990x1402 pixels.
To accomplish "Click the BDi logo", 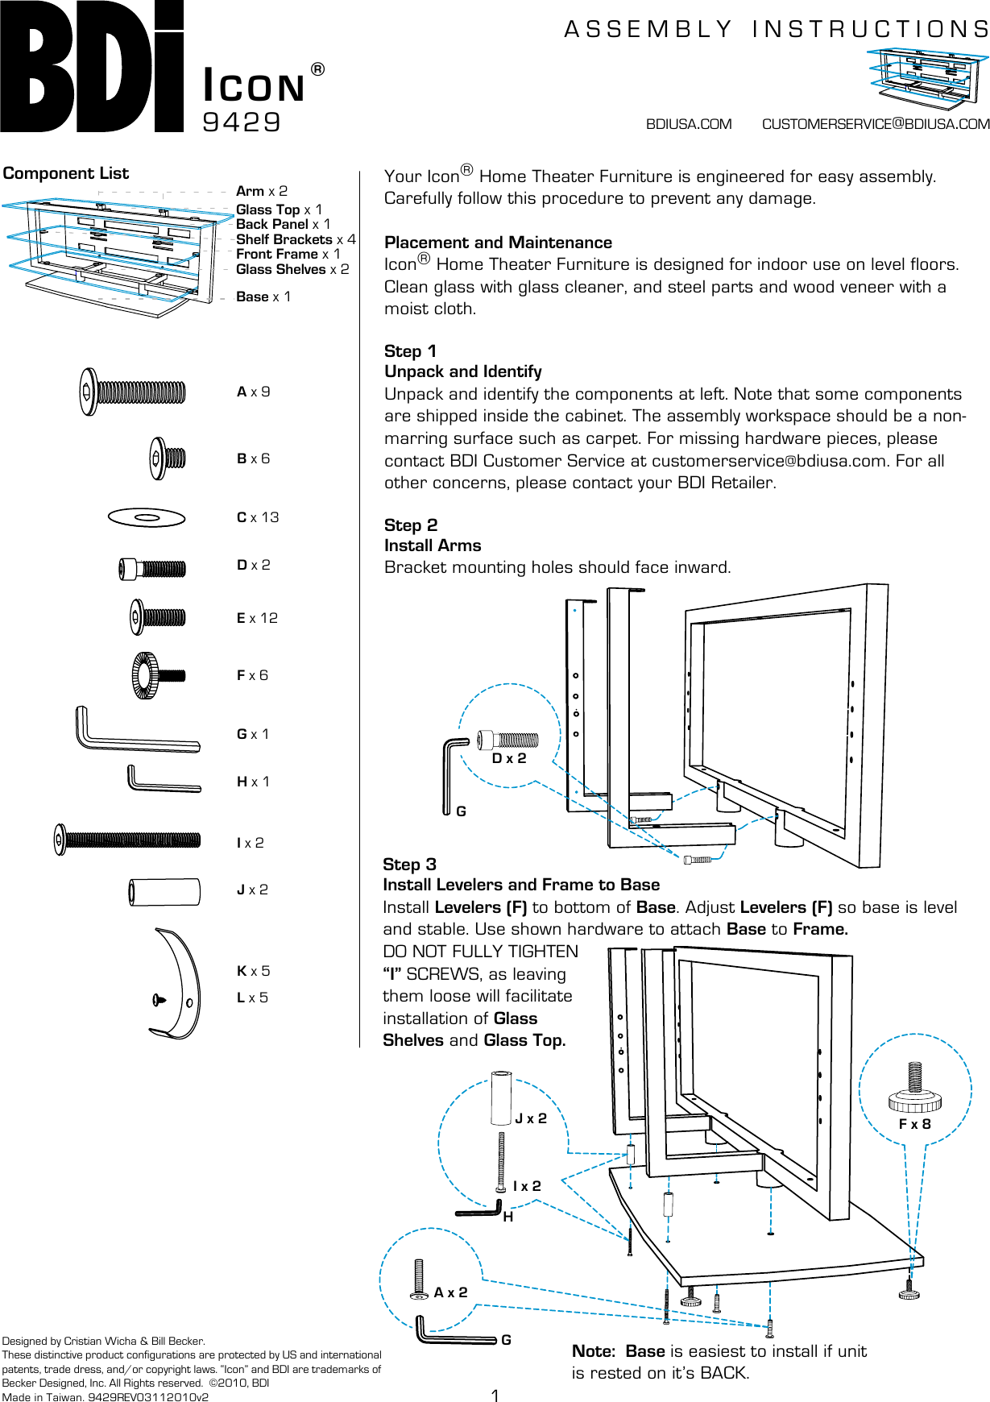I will coord(92,66).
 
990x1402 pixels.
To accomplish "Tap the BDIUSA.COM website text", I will coord(689,124).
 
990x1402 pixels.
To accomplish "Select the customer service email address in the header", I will coord(876,124).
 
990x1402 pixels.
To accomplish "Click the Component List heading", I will coord(66,173).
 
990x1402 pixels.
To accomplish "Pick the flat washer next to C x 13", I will coord(147,517).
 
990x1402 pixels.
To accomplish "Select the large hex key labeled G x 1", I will coord(137,732).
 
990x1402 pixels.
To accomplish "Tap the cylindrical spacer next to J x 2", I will coord(164,892).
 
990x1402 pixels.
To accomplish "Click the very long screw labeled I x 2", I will coord(127,840).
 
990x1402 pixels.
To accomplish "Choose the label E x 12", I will coord(257,618).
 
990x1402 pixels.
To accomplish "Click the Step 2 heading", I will coord(411,525).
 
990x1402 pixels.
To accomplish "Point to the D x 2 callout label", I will coord(509,758).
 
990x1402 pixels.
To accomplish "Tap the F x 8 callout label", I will coord(914,1124).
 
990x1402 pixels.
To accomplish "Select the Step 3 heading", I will coord(409,865).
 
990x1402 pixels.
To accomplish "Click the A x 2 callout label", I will coord(450,1292).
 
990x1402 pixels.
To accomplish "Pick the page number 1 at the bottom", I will coord(495,1396).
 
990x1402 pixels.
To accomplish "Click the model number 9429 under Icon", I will coord(242,122).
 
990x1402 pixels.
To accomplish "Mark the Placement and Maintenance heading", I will coord(498,243).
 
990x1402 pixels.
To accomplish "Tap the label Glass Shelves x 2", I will coord(292,269).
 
